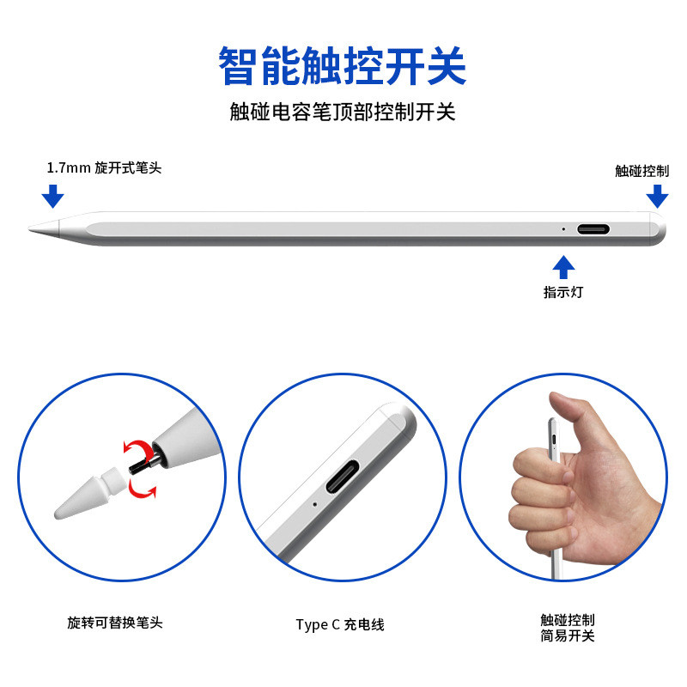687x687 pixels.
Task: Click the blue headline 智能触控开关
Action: [x=343, y=66]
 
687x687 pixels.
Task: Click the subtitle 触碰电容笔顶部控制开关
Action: [x=343, y=112]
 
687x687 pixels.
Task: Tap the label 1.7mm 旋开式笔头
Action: [x=104, y=168]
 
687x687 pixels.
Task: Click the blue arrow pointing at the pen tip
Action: [x=53, y=196]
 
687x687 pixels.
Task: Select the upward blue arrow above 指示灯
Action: [x=563, y=267]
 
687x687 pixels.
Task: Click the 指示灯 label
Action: [x=563, y=292]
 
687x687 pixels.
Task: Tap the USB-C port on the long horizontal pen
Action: [x=593, y=230]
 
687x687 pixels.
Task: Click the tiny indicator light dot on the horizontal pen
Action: [x=563, y=229]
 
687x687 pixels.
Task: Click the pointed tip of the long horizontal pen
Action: [x=31, y=229]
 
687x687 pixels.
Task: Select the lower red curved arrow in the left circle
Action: [x=143, y=489]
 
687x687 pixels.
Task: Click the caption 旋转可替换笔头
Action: [x=115, y=623]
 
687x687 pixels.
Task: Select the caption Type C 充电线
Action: [x=340, y=624]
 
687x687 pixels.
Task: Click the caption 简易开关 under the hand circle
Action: [x=568, y=636]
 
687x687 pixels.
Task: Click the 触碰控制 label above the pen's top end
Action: [x=641, y=170]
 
